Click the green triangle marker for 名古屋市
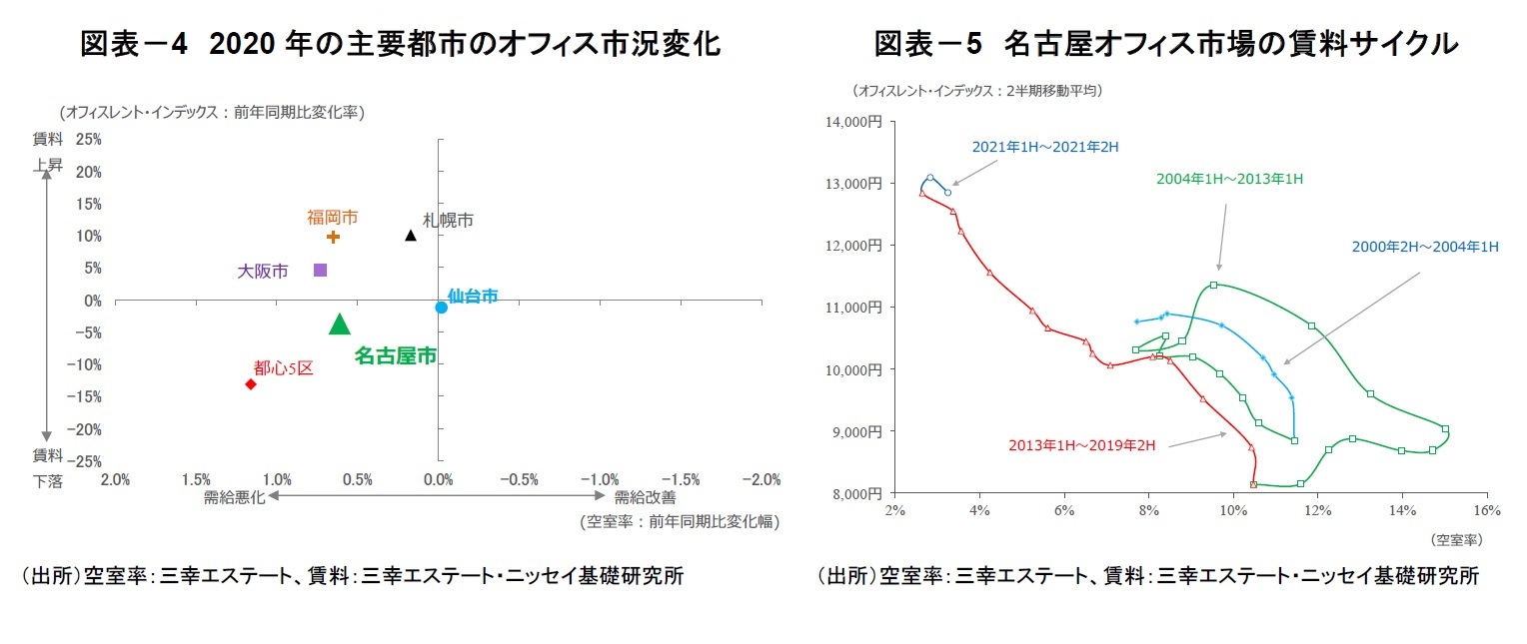pyautogui.click(x=340, y=323)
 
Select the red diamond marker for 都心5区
pyautogui.click(x=251, y=384)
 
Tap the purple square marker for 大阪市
pyautogui.click(x=321, y=270)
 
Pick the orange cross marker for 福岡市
pyautogui.click(x=334, y=237)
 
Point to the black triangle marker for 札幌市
pyautogui.click(x=411, y=236)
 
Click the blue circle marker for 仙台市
pyautogui.click(x=441, y=308)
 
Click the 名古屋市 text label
pyautogui.click(x=396, y=355)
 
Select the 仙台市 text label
pyautogui.click(x=473, y=296)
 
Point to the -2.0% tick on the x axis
pyautogui.click(x=762, y=480)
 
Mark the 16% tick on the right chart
pyautogui.click(x=1487, y=510)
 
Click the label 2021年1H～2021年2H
pyautogui.click(x=1044, y=147)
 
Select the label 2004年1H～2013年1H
pyautogui.click(x=1229, y=179)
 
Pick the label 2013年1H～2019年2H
pyautogui.click(x=1081, y=445)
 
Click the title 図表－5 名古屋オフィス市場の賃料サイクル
pyautogui.click(x=1165, y=44)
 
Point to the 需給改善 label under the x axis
pyautogui.click(x=645, y=497)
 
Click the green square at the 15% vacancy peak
pyautogui.click(x=1445, y=429)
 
